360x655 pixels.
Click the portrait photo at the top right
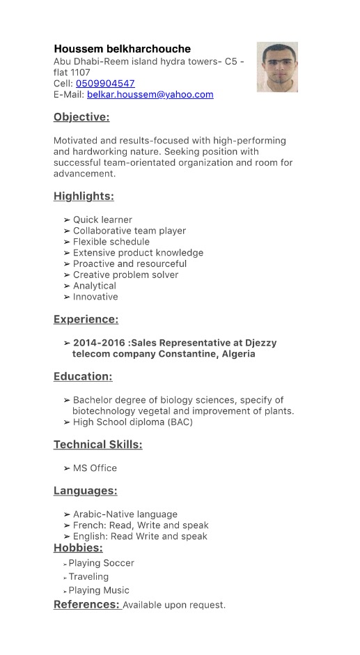coord(277,67)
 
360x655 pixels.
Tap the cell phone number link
coord(105,84)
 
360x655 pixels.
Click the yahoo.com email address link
coord(150,95)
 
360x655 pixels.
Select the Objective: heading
coord(81,117)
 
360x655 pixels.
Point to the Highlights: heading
coord(84,196)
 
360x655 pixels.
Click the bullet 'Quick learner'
coord(102,219)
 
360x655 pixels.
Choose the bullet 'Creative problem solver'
coord(125,275)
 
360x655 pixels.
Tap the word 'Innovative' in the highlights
coord(95,297)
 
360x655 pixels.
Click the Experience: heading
coord(86,320)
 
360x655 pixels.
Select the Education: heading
coord(83,377)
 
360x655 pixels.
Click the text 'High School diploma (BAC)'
coord(132,422)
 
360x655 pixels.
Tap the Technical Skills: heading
coord(98,445)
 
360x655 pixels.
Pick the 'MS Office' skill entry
coord(95,468)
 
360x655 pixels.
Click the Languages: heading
coord(85,491)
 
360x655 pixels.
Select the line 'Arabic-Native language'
coord(125,514)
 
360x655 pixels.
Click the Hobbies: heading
coord(78,548)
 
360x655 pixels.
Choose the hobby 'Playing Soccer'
coord(101,563)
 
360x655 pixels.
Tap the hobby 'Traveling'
coord(88,577)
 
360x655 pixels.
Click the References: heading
coord(87,605)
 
